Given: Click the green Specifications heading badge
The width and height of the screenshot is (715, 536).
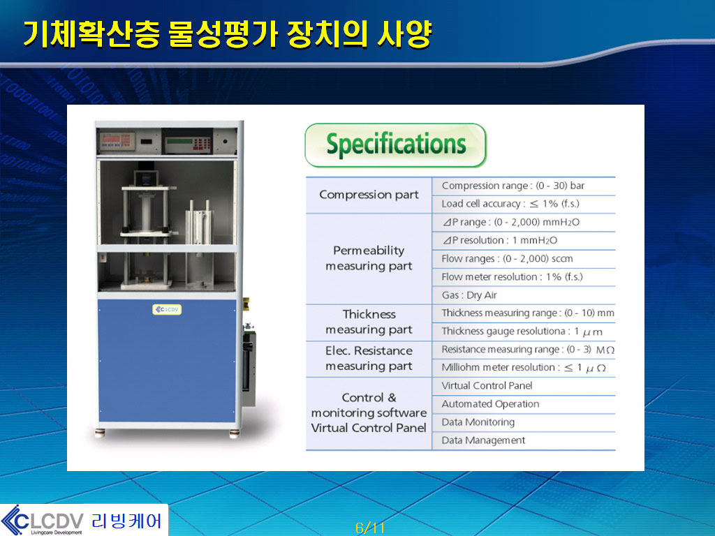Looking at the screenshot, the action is pos(395,145).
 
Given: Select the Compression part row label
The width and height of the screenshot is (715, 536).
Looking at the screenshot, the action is pos(369,195).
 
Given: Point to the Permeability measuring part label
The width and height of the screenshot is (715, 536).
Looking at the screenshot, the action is pos(369,258).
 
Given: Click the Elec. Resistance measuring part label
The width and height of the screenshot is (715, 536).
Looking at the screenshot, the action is pos(369,358).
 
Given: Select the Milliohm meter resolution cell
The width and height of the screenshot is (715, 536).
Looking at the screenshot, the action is pos(524,367).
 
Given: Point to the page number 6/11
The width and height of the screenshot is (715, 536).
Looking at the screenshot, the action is pos(370,528).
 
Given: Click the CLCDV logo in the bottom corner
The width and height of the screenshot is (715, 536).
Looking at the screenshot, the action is pos(84,520).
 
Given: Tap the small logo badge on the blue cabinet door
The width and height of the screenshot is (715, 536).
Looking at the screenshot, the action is pos(167,309).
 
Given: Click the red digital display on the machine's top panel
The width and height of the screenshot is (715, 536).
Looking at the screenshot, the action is pos(116,141).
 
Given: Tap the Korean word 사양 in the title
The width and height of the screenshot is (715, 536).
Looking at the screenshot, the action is pos(404,33).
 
